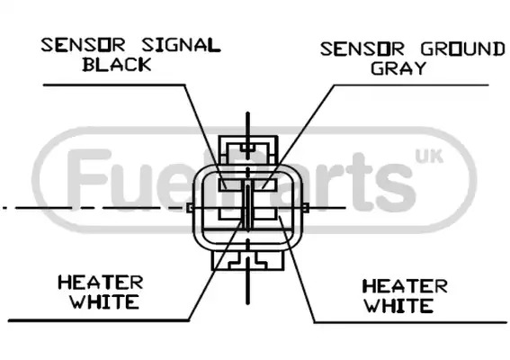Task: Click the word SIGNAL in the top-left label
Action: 181,45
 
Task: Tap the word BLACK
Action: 117,65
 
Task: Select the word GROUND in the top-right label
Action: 463,49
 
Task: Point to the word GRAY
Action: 398,68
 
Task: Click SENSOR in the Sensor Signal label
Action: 83,45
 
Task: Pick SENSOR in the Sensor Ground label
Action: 362,49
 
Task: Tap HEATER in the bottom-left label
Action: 101,283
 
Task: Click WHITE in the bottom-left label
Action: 105,301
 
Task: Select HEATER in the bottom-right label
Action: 405,286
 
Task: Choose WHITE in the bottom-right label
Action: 398,306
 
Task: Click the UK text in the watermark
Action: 429,157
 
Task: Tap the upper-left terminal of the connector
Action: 230,184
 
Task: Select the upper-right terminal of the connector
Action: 265,184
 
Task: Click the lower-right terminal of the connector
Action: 265,213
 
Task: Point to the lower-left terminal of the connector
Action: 230,213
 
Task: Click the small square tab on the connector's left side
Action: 189,208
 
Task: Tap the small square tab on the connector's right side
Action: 306,208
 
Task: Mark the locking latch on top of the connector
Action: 248,150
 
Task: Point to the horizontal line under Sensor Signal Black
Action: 114,85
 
